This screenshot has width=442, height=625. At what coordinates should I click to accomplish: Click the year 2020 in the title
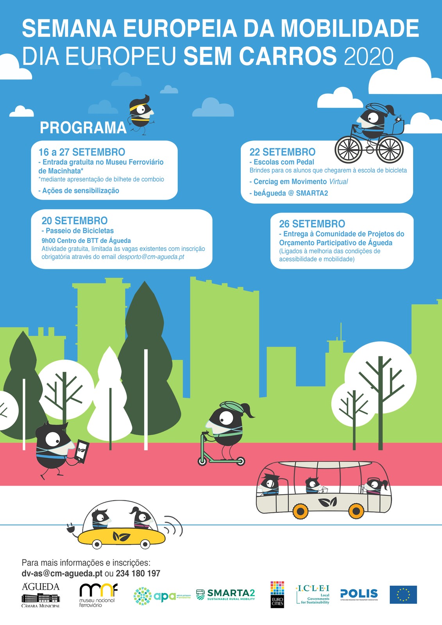(369, 57)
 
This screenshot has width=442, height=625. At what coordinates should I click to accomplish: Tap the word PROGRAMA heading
(83, 128)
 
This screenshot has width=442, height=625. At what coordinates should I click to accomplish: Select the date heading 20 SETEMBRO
(75, 221)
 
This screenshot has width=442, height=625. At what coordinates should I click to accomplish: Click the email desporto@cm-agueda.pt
(151, 257)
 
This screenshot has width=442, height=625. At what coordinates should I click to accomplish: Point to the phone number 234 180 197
(138, 573)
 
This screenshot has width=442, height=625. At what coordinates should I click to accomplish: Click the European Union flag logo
(403, 595)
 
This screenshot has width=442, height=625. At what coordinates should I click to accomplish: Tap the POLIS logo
(359, 594)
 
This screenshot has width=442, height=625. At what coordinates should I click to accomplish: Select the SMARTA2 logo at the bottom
(225, 595)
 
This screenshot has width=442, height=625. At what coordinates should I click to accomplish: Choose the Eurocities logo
(277, 594)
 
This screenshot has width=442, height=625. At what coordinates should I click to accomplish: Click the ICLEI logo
(313, 594)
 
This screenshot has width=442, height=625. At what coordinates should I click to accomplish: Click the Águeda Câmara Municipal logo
(41, 595)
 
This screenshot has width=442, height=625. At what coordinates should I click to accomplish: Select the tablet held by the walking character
(82, 452)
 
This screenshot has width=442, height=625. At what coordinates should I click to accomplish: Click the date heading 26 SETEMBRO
(312, 224)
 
